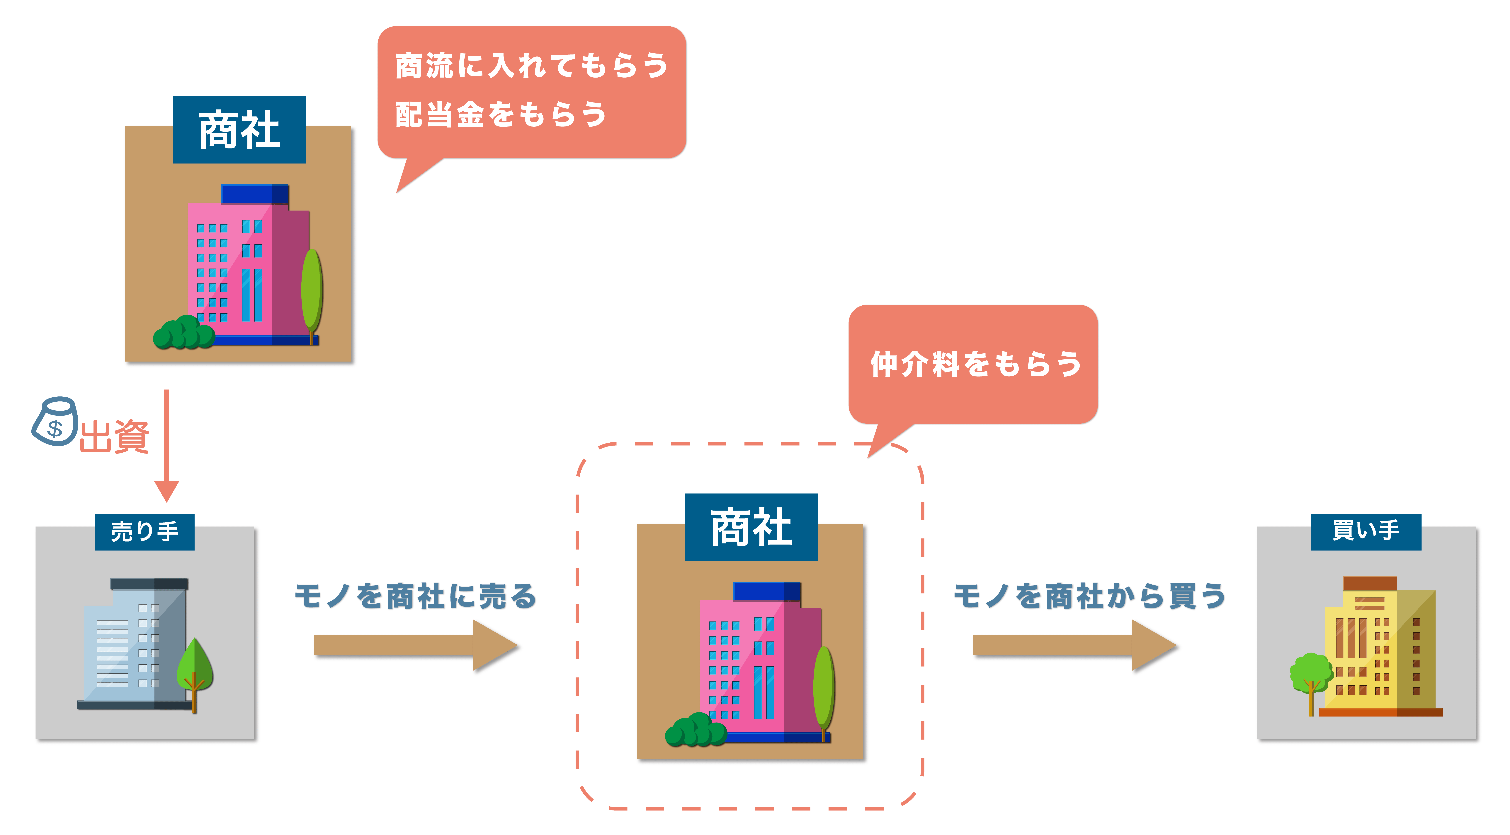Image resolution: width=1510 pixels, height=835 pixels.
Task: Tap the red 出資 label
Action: (x=114, y=437)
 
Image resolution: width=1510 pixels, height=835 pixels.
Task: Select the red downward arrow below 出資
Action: (x=166, y=445)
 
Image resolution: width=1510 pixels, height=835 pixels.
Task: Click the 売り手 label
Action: (x=145, y=531)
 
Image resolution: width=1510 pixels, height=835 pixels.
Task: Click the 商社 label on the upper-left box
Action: (x=239, y=129)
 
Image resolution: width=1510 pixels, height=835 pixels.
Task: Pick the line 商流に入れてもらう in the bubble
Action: (x=532, y=65)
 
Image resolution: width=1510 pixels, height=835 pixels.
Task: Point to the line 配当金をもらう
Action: (x=501, y=114)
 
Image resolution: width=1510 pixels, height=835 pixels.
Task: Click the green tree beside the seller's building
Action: (x=195, y=674)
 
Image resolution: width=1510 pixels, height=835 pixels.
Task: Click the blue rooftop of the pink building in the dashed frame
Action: (x=767, y=591)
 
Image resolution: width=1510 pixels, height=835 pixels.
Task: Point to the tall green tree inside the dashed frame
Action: (x=824, y=692)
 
